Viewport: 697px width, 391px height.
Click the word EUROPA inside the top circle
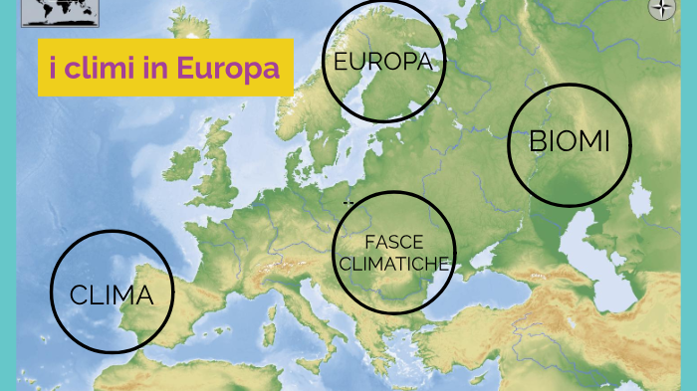point(382,62)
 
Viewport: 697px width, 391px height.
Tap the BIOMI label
point(569,141)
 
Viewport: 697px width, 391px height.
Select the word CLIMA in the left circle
point(112,294)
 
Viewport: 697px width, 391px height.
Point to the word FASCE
point(394,242)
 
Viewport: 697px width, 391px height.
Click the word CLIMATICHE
point(394,264)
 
